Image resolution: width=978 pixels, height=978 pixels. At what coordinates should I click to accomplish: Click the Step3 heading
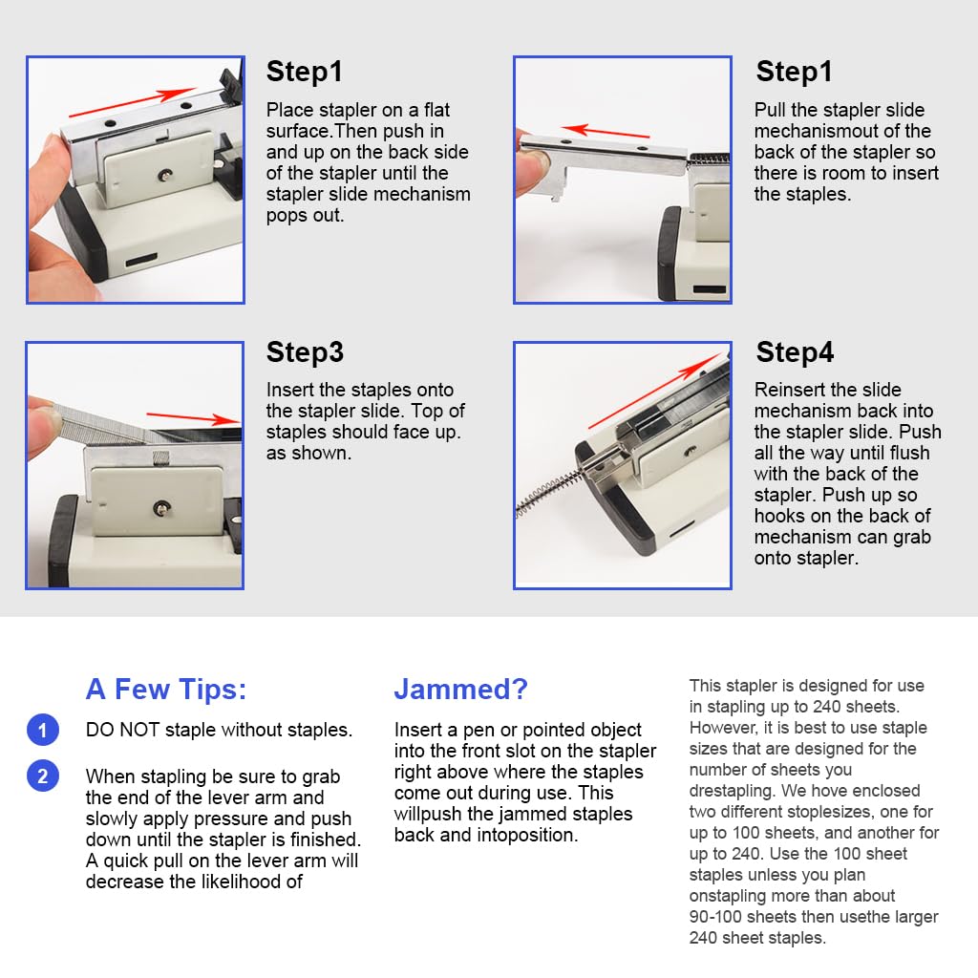305,352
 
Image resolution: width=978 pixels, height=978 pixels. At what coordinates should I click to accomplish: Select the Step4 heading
795,352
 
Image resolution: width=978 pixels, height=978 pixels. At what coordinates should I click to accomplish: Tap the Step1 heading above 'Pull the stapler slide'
795,72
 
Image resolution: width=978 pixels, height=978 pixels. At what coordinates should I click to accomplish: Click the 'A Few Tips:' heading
166,689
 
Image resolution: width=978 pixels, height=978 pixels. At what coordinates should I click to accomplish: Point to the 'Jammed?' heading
460,689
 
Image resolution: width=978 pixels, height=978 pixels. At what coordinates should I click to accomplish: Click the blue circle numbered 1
42,731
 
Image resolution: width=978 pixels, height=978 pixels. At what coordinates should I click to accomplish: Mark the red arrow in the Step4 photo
648,394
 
